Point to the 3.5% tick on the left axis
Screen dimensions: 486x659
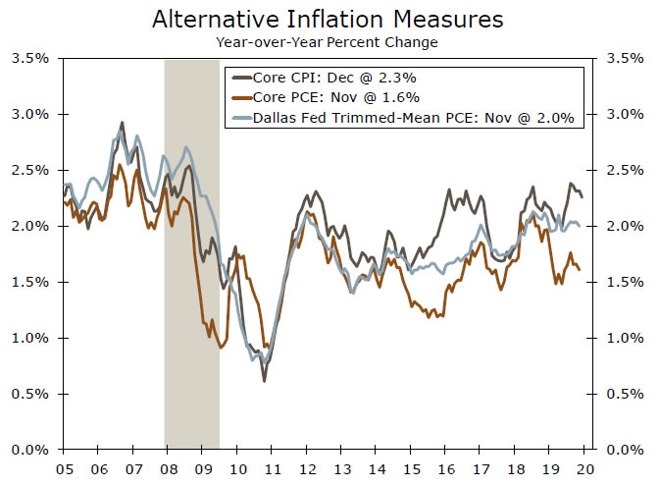tap(29, 58)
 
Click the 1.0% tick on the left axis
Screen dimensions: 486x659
tap(29, 338)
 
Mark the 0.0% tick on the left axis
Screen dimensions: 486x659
tap(29, 450)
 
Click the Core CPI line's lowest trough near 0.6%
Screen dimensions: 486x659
tap(264, 380)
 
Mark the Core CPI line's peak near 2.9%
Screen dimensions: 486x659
tap(122, 123)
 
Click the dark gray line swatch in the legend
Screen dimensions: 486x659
tap(239, 76)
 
